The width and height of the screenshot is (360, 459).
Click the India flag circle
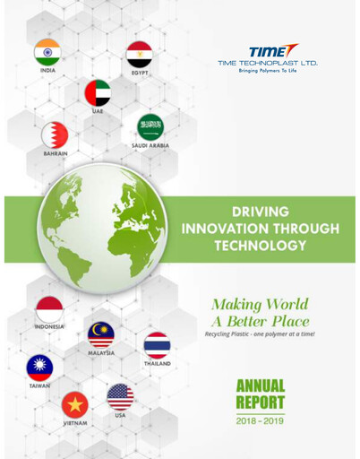tap(47, 53)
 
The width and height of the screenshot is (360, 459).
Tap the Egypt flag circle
tap(139, 55)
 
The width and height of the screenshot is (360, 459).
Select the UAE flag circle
tap(97, 93)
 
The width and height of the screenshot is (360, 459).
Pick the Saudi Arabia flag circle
tap(150, 126)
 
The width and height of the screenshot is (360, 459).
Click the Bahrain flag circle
tap(55, 135)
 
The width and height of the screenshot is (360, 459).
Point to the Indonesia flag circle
tap(48, 309)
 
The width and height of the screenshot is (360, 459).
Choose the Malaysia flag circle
tap(101, 335)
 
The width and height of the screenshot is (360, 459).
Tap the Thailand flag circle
tap(157, 345)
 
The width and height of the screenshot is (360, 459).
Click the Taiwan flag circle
tap(39, 368)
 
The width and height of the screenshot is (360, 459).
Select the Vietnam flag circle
tap(74, 404)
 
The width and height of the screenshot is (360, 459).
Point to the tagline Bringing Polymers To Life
tap(267, 71)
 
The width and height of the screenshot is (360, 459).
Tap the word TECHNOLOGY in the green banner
tap(260, 245)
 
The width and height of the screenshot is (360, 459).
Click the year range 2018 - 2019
tap(261, 420)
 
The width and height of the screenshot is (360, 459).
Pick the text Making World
tap(260, 304)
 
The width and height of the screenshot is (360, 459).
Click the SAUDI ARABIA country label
tap(150, 145)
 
